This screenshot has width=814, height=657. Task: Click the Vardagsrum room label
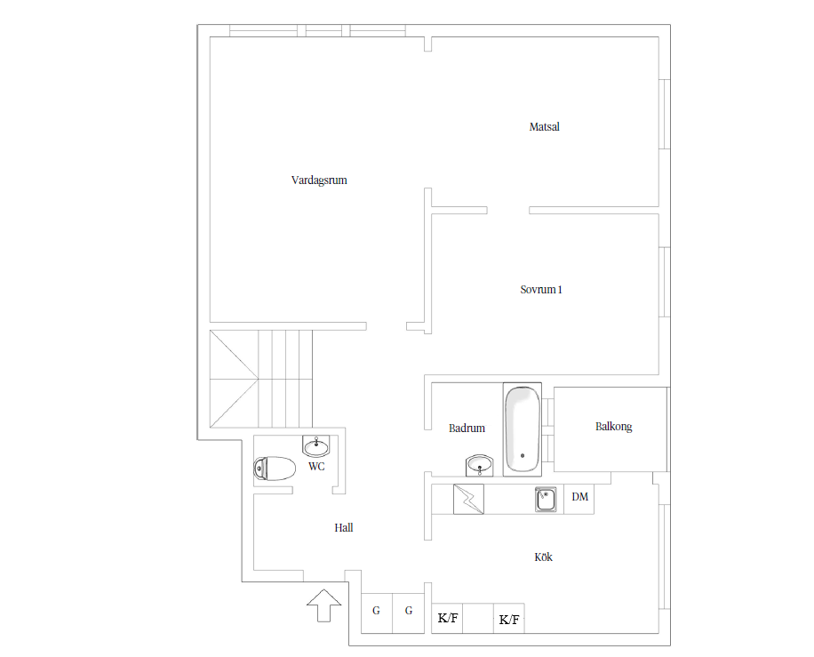tap(319, 180)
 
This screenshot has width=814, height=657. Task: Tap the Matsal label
tap(544, 127)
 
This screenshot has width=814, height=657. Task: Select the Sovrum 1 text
tap(541, 290)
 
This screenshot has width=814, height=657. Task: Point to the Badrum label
tap(467, 428)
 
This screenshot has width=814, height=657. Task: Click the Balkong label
tap(614, 427)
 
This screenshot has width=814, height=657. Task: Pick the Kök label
tap(543, 557)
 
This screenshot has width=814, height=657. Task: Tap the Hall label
tap(344, 528)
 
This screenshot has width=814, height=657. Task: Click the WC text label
tap(316, 467)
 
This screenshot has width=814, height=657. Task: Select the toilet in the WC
tap(275, 469)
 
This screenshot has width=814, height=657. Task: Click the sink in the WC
tap(316, 446)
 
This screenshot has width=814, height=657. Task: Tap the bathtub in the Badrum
tap(523, 429)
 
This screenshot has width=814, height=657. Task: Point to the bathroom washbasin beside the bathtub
tap(479, 465)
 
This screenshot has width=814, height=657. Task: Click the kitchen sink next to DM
tap(546, 500)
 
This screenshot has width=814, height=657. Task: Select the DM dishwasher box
tap(579, 500)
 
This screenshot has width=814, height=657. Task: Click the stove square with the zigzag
tap(469, 499)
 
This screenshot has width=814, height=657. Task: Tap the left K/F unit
tap(447, 618)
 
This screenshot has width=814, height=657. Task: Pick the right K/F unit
tap(508, 618)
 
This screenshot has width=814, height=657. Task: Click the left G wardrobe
tap(377, 613)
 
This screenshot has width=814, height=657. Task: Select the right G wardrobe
tap(409, 613)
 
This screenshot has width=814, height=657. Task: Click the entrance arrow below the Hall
tap(324, 605)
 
